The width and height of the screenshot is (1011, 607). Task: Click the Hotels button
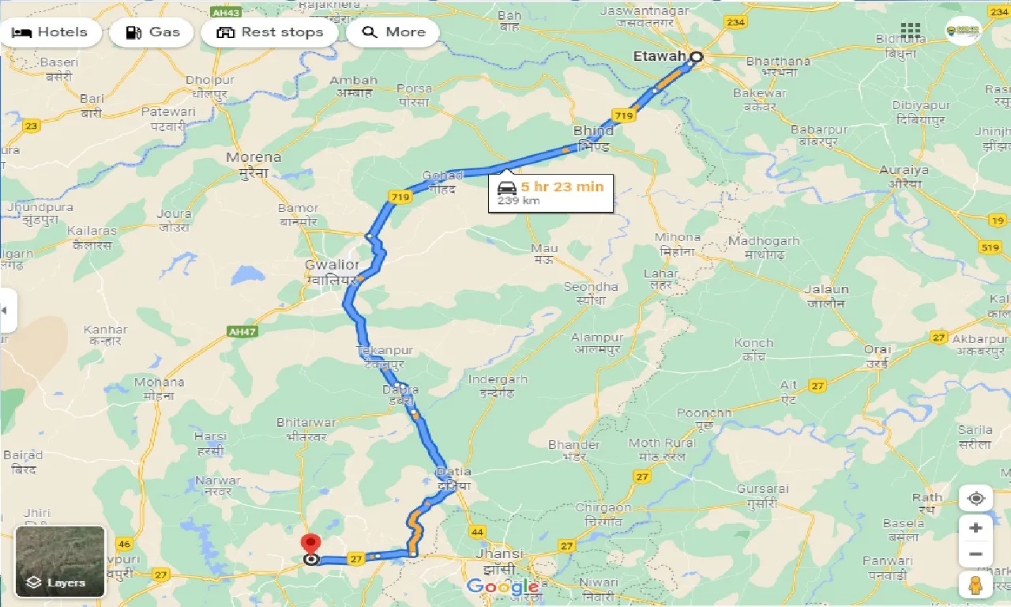(51, 32)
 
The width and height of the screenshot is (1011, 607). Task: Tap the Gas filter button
(153, 32)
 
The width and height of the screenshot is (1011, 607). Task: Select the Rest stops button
(270, 32)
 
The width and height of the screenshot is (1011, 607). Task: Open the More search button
(393, 32)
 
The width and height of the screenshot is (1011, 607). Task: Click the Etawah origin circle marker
(696, 57)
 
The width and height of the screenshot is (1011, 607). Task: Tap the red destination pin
(311, 545)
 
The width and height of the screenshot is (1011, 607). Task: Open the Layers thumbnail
(60, 561)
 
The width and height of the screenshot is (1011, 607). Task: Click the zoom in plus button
(976, 528)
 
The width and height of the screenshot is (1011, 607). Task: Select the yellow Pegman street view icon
(976, 585)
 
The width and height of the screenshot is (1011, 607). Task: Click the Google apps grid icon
(911, 32)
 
